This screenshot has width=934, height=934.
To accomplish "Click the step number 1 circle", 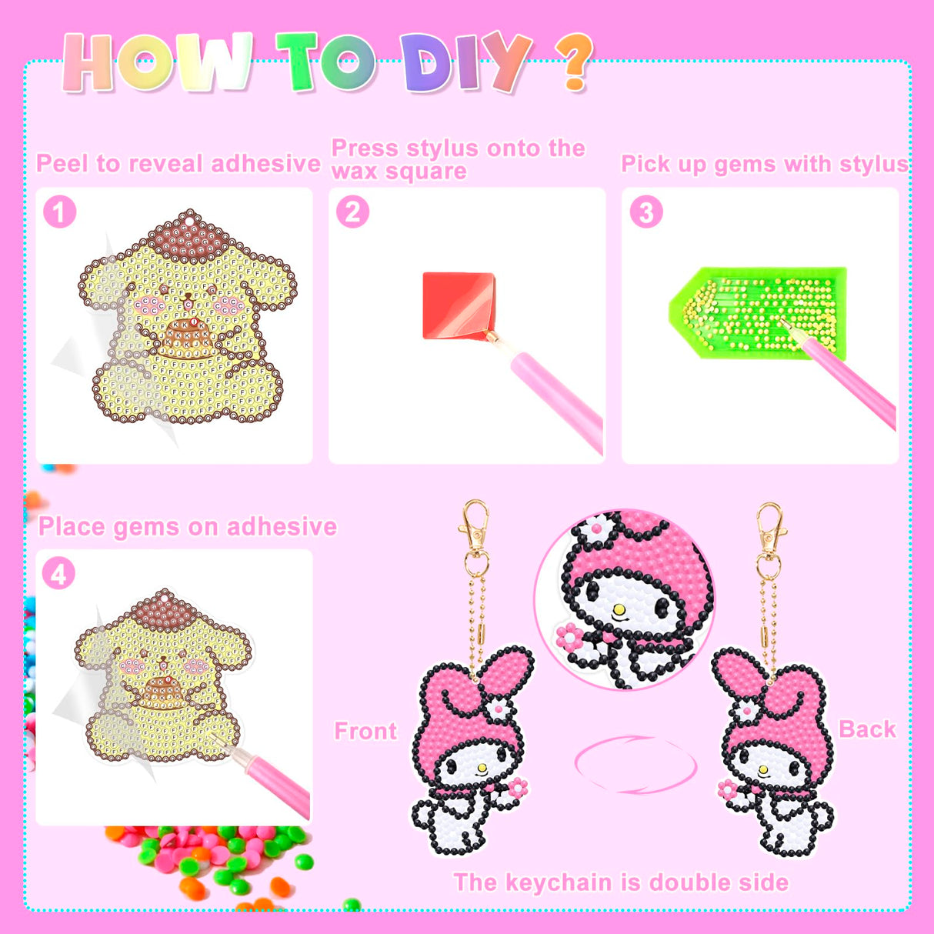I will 60,212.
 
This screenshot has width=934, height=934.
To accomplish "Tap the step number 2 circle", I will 352,212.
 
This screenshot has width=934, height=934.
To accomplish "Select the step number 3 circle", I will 646,212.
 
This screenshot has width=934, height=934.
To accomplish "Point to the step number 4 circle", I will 58,573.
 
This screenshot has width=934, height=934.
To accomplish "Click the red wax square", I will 459,305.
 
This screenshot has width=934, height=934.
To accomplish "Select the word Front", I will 365,731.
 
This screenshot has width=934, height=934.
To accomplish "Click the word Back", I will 867,729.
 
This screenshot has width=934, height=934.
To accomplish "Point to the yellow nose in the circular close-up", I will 619,609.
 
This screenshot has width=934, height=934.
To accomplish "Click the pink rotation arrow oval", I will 635,764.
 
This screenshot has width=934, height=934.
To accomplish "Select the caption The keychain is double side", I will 621,882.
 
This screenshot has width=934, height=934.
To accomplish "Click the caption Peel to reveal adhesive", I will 178,164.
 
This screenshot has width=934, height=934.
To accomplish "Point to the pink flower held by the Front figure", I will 518,786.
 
